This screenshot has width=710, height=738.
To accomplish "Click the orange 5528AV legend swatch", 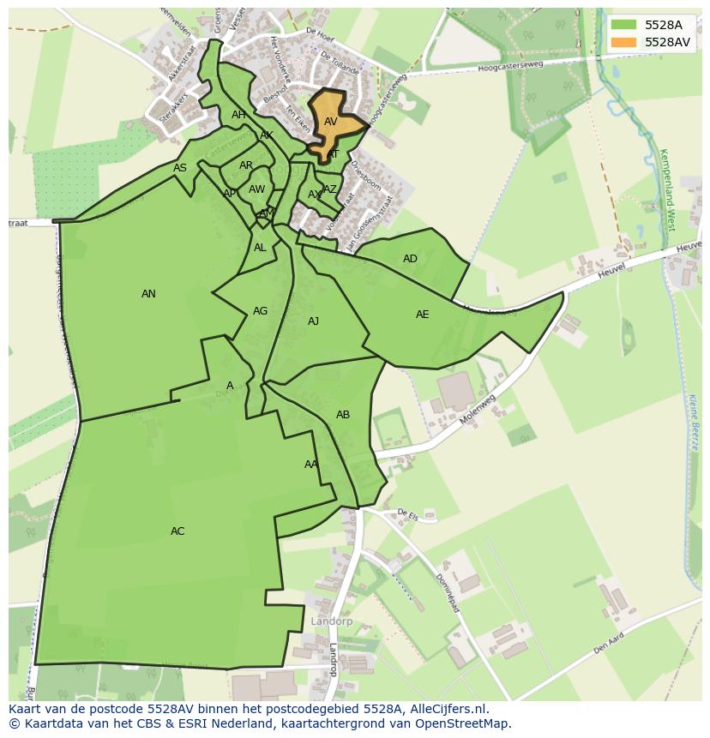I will (x=624, y=42).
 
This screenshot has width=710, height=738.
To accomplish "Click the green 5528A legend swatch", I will (x=624, y=25).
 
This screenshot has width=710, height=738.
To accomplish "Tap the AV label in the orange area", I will (x=330, y=122).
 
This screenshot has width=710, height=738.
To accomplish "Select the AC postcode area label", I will (x=177, y=531).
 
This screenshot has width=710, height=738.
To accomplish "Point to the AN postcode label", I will (x=148, y=294).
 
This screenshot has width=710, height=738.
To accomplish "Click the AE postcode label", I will (x=422, y=315).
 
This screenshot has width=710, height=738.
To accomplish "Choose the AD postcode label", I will (x=410, y=259).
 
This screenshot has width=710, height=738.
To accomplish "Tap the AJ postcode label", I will (x=313, y=321).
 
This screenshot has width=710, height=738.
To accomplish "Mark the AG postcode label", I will (x=260, y=311).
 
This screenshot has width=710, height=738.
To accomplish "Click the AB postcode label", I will (x=343, y=415).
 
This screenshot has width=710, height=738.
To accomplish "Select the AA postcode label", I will (x=310, y=465).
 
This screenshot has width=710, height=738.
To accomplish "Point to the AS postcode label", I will (x=180, y=168).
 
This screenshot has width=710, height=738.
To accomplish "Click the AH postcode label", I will (x=238, y=115).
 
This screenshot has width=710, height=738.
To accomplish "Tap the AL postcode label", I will (x=260, y=248).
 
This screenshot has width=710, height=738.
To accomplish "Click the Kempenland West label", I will (x=667, y=189).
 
